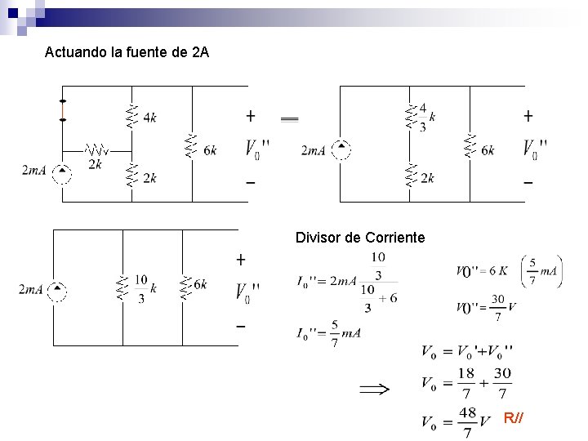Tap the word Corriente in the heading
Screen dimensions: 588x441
pos(397,238)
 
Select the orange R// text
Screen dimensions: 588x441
pos(514,419)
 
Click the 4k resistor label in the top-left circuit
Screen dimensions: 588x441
pos(149,118)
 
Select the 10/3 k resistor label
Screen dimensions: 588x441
pos(145,287)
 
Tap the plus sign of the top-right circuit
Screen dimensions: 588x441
pos(528,115)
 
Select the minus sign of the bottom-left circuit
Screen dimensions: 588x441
pos(241,327)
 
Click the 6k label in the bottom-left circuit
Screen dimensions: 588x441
pos(199,284)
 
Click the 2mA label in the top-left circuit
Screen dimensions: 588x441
pos(34,171)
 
